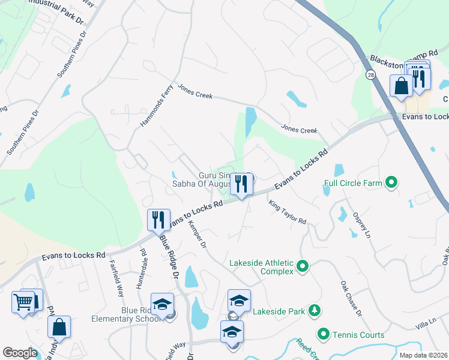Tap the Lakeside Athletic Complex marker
tap(303, 265)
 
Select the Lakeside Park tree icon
tap(313, 311)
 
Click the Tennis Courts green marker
tap(324, 334)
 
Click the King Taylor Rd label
tap(287, 212)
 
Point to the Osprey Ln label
tap(362, 224)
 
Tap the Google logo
tap(19, 353)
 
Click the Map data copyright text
tap(424, 355)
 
